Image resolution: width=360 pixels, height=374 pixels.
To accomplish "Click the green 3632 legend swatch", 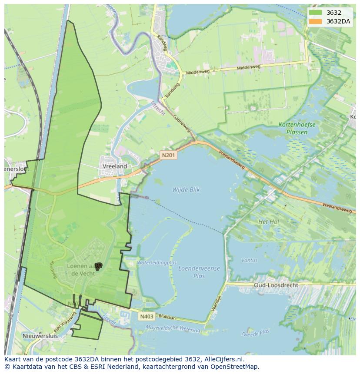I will [x=316, y=13].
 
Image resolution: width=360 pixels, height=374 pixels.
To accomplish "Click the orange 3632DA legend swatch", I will [x=316, y=21].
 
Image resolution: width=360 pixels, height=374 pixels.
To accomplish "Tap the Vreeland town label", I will [x=115, y=166].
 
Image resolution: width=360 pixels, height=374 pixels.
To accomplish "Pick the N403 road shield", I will [x=147, y=317].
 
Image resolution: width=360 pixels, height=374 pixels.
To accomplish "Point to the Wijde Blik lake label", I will [x=186, y=190].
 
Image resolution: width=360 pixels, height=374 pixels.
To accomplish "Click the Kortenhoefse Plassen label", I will [x=297, y=128].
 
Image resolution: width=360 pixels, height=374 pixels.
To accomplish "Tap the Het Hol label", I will [x=268, y=222].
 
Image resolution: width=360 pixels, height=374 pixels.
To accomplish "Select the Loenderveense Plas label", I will [x=199, y=272].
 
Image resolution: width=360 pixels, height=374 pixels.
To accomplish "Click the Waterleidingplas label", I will [x=157, y=263].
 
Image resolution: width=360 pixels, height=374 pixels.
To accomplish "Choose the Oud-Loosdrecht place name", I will [x=276, y=285].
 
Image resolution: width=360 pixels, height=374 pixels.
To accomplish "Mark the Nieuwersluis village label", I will [x=40, y=336].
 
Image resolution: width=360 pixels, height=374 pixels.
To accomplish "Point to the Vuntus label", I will [x=249, y=261].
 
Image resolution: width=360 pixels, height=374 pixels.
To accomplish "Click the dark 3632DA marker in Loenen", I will [x=98, y=266].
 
